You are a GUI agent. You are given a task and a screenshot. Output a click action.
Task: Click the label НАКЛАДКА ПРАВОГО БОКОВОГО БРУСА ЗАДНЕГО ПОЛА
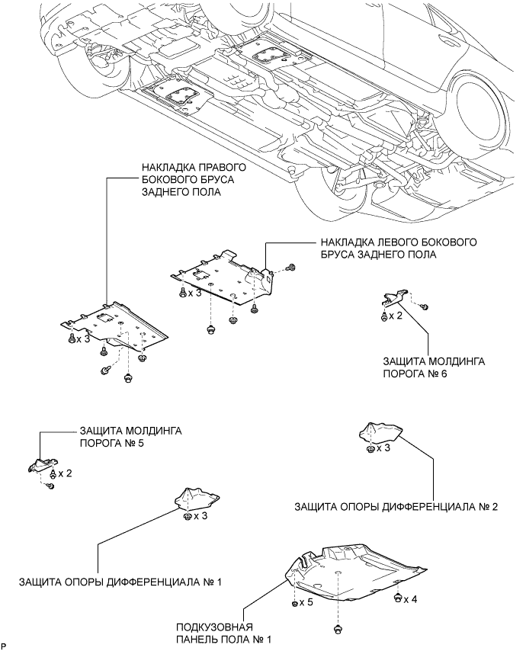(x=194, y=180)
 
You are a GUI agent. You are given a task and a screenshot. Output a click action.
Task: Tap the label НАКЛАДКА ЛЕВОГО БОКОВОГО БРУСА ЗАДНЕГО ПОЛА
(x=399, y=248)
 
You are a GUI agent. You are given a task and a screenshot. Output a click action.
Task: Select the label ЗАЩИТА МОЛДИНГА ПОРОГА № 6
(x=434, y=367)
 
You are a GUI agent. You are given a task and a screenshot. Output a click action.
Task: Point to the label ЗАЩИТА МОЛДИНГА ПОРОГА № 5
(x=131, y=437)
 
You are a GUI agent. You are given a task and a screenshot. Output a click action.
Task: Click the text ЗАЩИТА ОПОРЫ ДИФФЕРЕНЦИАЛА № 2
(x=396, y=506)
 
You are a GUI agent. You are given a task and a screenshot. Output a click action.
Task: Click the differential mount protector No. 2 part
(x=380, y=434)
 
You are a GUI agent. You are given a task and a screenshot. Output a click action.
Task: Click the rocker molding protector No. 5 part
(x=43, y=464)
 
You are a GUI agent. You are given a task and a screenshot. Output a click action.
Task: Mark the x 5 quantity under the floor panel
(x=305, y=601)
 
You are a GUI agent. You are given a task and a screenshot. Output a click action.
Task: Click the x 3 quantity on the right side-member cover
(x=82, y=338)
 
